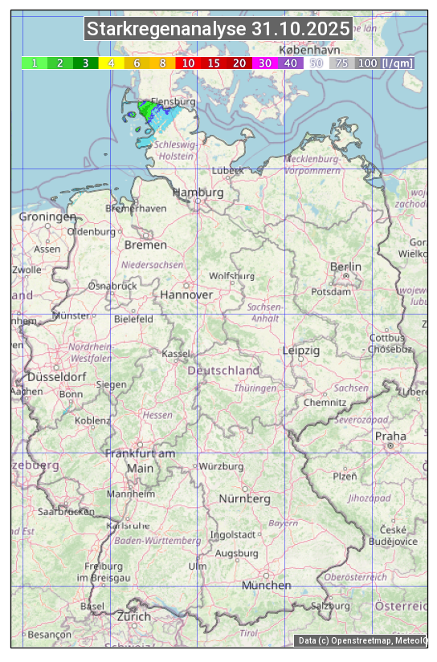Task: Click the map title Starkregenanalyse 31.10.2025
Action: pos(218,30)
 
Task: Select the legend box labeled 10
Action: pos(188,63)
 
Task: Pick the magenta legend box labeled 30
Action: pos(264,63)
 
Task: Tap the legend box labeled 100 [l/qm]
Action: pos(385,63)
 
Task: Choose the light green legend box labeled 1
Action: pos(35,63)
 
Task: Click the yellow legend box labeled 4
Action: pos(111,63)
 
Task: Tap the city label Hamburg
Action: pos(198,193)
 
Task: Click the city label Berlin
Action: pos(345,266)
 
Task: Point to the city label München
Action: pos(266,585)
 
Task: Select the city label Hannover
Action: pos(186,294)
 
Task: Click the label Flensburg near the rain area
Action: pos(174,103)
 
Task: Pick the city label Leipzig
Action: pos(301,351)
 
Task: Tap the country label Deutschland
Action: pos(223,371)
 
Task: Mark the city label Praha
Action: pos(390,436)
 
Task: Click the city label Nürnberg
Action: pos(244,498)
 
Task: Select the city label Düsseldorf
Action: pos(57,376)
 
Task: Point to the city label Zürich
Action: pos(133,616)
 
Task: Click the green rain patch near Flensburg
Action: pos(147,109)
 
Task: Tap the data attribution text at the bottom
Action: pos(361,640)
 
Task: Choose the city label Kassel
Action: pos(176,353)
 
